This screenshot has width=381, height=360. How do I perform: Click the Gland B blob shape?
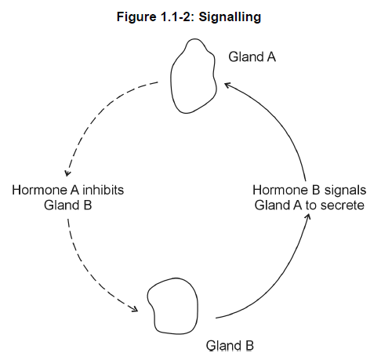(x=198, y=306)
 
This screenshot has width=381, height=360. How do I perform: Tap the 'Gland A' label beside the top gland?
(x=252, y=56)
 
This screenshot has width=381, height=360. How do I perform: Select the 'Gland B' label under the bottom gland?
(x=230, y=345)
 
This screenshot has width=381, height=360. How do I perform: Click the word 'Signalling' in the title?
(x=230, y=17)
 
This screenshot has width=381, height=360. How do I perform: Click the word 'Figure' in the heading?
(x=136, y=17)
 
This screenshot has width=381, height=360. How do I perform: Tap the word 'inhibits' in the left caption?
(x=103, y=190)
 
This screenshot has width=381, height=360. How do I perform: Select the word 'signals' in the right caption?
(x=345, y=191)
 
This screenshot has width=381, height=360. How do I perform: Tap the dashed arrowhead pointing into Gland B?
(x=135, y=309)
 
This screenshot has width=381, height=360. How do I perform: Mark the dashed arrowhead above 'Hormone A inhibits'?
(x=67, y=173)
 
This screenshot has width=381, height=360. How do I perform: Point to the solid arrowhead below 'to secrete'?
(x=308, y=216)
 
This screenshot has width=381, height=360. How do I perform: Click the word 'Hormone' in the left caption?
(x=40, y=190)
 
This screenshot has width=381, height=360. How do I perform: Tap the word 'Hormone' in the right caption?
(x=281, y=190)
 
